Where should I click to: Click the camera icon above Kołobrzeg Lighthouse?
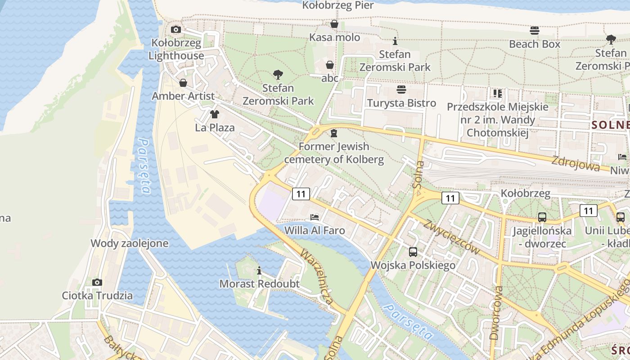tap(176, 30)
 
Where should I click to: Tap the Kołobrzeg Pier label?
tap(338, 5)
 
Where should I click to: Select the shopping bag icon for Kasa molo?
tap(334, 24)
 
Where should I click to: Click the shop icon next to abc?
tap(329, 65)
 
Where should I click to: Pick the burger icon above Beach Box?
tap(535, 31)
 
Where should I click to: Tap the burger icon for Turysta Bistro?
tap(401, 90)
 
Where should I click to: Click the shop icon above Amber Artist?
tap(183, 83)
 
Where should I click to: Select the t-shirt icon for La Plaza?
tap(215, 114)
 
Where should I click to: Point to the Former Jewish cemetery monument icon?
tap(334, 133)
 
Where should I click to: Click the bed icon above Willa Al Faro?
tap(315, 217)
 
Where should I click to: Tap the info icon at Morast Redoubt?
tap(259, 270)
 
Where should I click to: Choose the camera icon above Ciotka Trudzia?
tap(97, 282)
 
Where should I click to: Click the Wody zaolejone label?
tap(130, 243)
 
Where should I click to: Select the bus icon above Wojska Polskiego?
tap(413, 252)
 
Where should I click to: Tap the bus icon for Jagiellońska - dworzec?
tap(542, 217)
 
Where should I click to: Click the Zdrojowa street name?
tap(576, 164)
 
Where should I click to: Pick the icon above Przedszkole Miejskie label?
tap(497, 94)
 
